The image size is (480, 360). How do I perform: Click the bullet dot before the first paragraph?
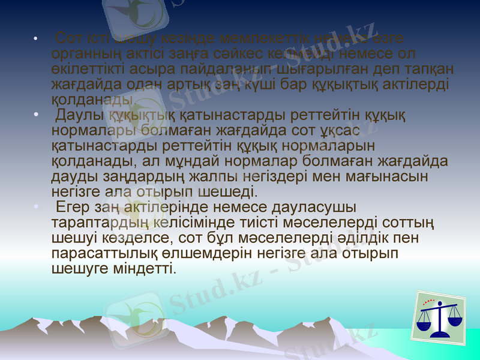point(37,40)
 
